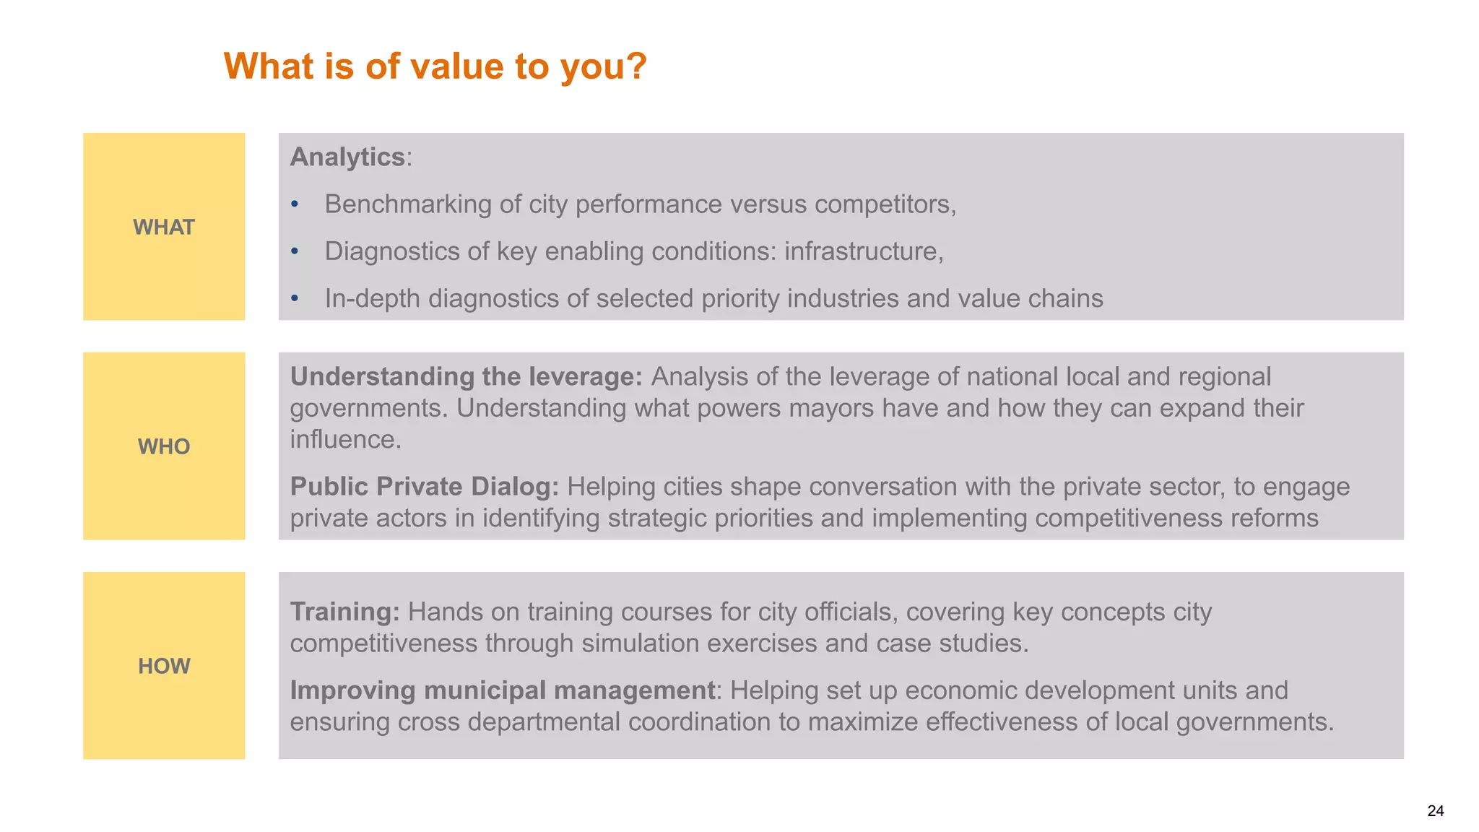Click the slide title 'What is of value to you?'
click(435, 66)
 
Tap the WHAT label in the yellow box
click(164, 227)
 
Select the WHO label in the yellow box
click(164, 447)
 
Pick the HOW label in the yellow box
click(164, 667)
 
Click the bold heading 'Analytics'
click(347, 157)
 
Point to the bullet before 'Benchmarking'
click(295, 205)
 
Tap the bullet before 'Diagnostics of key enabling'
click(295, 252)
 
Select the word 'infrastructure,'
click(864, 251)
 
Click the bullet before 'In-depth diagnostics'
click(295, 299)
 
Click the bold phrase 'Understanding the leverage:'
click(466, 377)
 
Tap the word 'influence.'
click(345, 439)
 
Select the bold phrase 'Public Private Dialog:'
click(425, 487)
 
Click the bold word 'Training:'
click(344, 612)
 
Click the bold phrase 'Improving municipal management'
click(502, 690)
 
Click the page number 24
click(1435, 811)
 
